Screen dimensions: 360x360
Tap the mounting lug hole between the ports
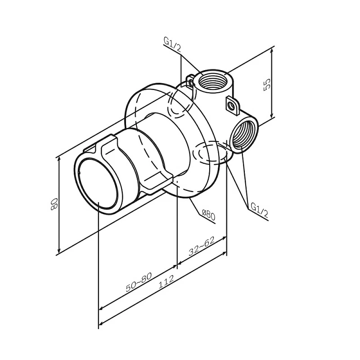pyautogui.click(x=232, y=106)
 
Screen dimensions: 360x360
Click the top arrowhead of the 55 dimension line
pyautogui.click(x=272, y=48)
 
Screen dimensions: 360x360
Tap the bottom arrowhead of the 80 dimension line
pyautogui.click(x=59, y=252)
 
